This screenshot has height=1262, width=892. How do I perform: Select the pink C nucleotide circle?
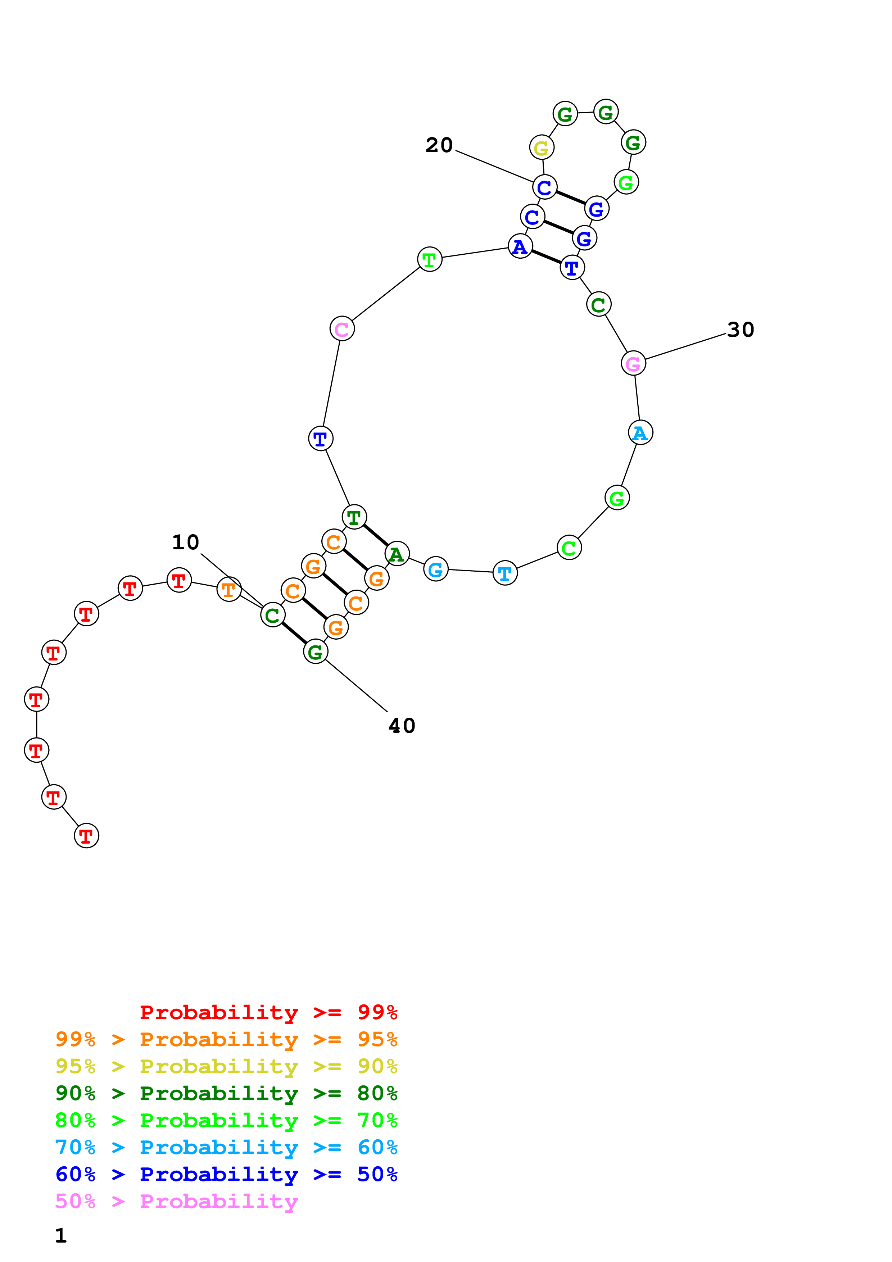point(342,329)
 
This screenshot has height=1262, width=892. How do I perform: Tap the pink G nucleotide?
point(633,363)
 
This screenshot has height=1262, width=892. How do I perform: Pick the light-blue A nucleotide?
point(640,432)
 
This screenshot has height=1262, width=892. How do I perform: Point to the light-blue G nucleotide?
point(436,569)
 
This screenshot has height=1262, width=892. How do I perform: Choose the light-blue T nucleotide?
point(505,573)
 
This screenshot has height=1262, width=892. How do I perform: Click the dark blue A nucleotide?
point(520,246)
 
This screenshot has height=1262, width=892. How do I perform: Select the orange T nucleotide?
point(228,590)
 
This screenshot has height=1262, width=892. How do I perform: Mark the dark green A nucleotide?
point(397,554)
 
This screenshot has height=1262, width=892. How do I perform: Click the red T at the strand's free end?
point(86,836)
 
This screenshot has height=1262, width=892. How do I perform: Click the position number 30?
point(740,330)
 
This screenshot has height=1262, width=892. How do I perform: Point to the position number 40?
point(402,726)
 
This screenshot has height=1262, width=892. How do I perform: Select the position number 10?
point(186,543)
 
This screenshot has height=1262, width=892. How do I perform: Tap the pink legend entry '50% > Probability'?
point(176,1202)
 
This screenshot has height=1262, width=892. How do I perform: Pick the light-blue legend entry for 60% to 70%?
point(226,1148)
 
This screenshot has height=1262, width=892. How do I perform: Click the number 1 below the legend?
point(61,1236)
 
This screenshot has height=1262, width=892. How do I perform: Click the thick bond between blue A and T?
point(546,257)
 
